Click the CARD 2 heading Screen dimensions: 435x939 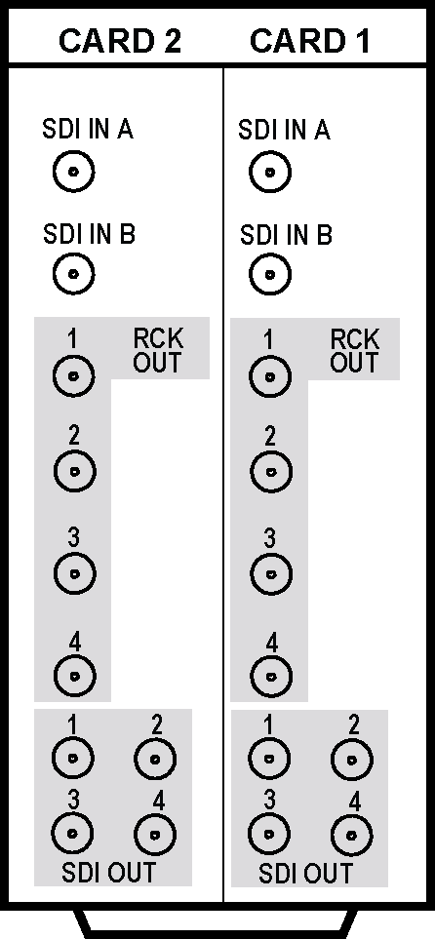pos(120,41)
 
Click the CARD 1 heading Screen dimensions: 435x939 pos(310,41)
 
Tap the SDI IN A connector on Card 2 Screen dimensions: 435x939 pos(74,172)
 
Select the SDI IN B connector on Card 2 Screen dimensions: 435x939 pos(74,274)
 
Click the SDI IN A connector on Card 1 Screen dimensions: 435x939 pos(270,173)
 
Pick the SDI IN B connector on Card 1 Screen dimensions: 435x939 pos(270,274)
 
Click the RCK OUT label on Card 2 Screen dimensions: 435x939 pos(157,350)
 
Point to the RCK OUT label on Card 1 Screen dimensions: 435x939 pos(354,350)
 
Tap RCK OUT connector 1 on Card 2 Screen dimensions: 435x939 pos(74,376)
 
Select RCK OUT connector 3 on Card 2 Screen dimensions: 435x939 pos(74,573)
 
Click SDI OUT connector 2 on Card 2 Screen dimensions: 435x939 pos(155,759)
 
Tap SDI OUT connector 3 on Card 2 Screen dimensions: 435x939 pos(72,834)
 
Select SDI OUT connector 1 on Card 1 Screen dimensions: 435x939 pos(269,759)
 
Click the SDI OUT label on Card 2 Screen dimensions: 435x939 pos(108,873)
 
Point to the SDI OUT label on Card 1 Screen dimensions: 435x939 pos(305,873)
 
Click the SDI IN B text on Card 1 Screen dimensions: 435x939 pos(286,235)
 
